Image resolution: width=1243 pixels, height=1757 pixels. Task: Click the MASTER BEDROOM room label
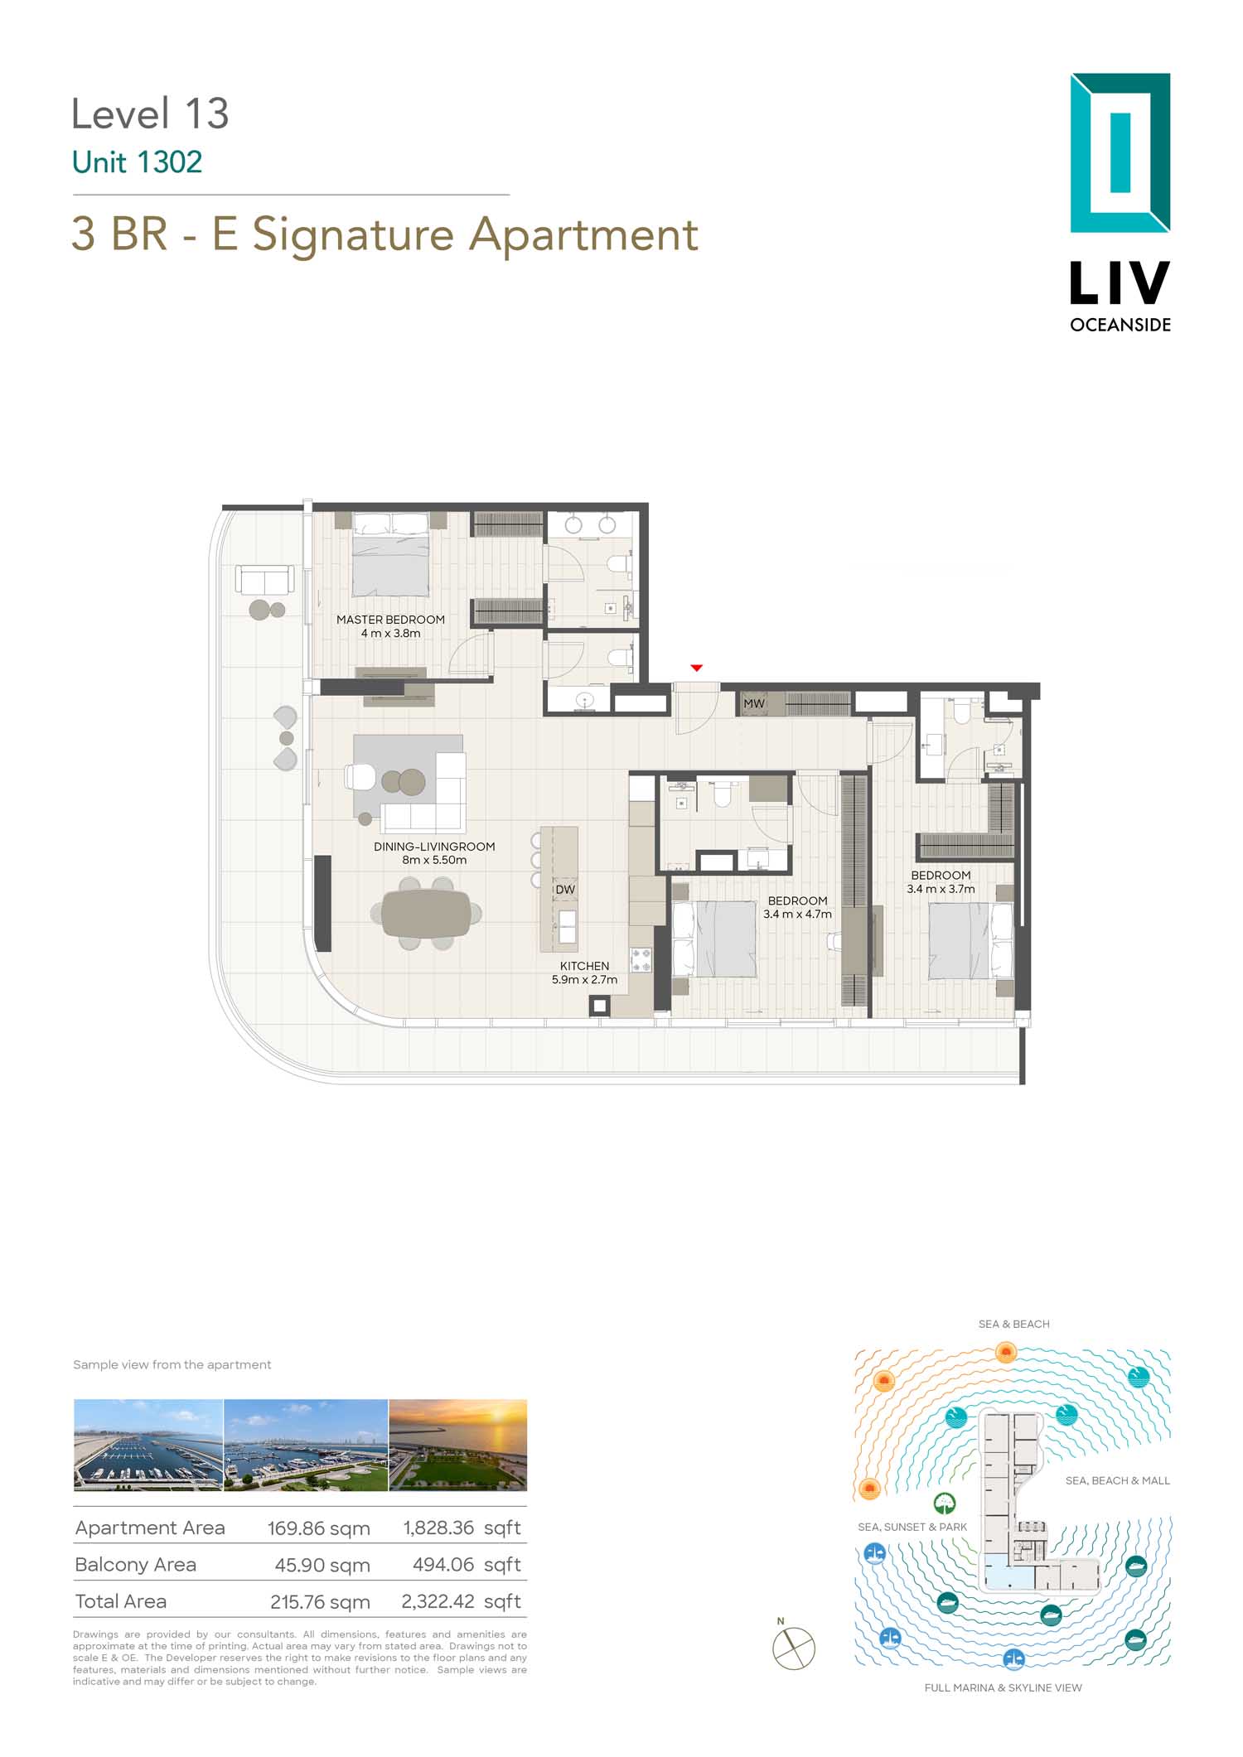(390, 620)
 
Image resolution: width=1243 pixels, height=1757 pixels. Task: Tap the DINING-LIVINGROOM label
(434, 847)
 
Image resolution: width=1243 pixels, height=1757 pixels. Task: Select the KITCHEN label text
(584, 966)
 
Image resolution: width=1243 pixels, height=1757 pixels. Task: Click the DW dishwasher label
(565, 890)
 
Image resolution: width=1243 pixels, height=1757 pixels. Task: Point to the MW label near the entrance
(754, 704)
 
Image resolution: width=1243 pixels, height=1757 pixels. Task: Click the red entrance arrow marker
(697, 668)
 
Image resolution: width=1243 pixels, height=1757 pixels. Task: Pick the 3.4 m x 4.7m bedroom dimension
(797, 915)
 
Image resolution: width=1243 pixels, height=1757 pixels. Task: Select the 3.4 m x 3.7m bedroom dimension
(941, 889)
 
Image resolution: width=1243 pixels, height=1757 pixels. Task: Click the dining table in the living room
(426, 913)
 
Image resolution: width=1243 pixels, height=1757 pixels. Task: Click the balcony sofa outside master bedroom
(264, 580)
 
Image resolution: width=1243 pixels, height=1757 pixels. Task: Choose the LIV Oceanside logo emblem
(1120, 153)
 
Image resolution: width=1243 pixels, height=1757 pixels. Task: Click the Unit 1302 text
(138, 162)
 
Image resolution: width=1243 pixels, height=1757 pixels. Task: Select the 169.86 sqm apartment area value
(318, 1528)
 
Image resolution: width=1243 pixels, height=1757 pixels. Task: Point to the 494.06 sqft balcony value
(467, 1565)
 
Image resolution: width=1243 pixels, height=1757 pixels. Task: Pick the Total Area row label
(121, 1601)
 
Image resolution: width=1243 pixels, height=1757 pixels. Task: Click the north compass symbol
(794, 1648)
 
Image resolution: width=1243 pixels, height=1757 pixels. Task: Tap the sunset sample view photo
(457, 1446)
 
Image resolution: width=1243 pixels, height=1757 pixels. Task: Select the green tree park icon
(945, 1503)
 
